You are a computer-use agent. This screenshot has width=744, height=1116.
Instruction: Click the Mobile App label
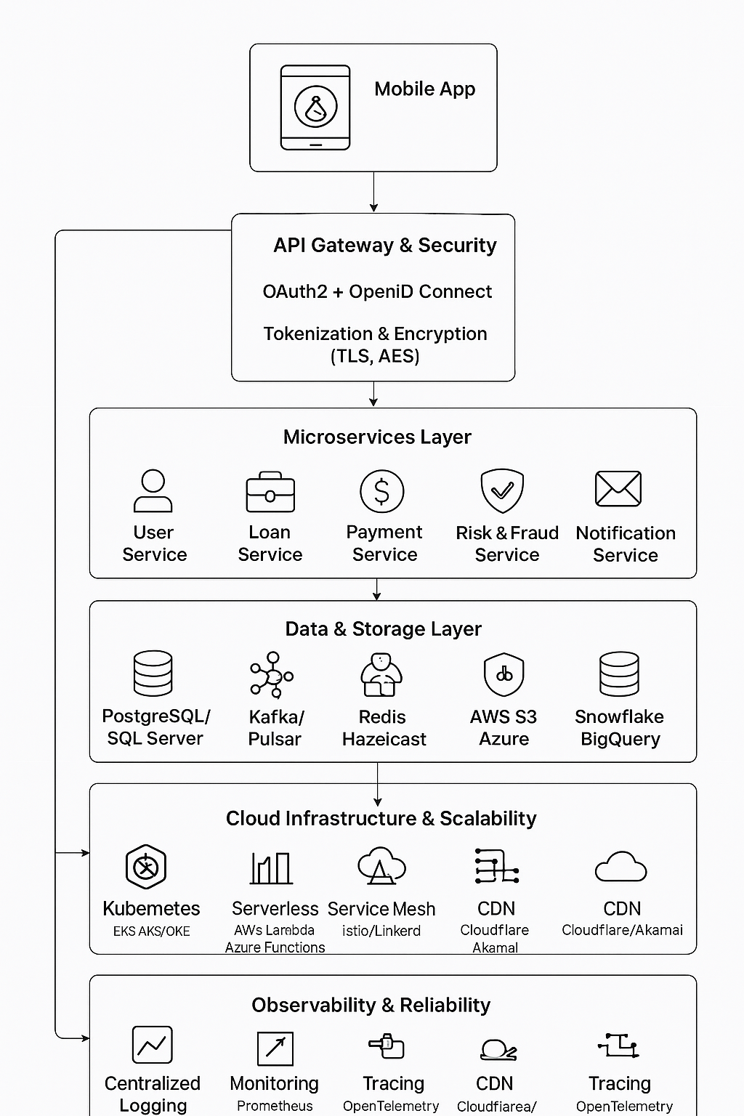[424, 89]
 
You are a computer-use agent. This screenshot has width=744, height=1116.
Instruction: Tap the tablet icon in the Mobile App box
[315, 108]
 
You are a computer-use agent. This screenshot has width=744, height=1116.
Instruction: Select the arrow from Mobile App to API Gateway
[373, 193]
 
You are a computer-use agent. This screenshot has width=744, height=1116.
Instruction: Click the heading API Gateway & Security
[384, 246]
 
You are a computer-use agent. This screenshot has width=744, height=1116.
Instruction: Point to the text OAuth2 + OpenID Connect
[377, 292]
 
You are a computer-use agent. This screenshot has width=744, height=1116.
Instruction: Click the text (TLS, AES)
[375, 357]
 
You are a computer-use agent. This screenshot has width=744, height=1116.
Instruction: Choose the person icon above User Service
[153, 492]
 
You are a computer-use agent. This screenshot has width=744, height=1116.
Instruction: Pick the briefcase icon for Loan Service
[270, 493]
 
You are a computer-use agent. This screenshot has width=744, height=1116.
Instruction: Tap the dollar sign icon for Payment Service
[382, 491]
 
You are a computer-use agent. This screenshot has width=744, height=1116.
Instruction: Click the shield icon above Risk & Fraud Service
[502, 490]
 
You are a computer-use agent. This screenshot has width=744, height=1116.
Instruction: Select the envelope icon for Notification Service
[618, 488]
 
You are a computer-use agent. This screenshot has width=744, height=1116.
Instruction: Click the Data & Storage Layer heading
[383, 629]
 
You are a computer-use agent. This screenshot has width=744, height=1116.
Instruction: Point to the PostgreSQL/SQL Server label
[155, 727]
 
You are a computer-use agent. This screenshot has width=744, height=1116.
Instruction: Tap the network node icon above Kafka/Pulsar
[272, 675]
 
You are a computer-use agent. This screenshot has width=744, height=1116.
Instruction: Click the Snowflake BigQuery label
[620, 728]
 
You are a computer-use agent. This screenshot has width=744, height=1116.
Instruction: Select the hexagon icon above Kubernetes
[146, 867]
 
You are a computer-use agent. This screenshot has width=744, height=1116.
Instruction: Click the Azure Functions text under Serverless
[275, 947]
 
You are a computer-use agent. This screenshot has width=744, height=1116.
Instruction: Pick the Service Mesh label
[381, 909]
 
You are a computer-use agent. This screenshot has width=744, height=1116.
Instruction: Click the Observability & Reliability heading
[371, 1006]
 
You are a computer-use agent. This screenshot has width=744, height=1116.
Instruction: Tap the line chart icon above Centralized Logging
[153, 1045]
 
